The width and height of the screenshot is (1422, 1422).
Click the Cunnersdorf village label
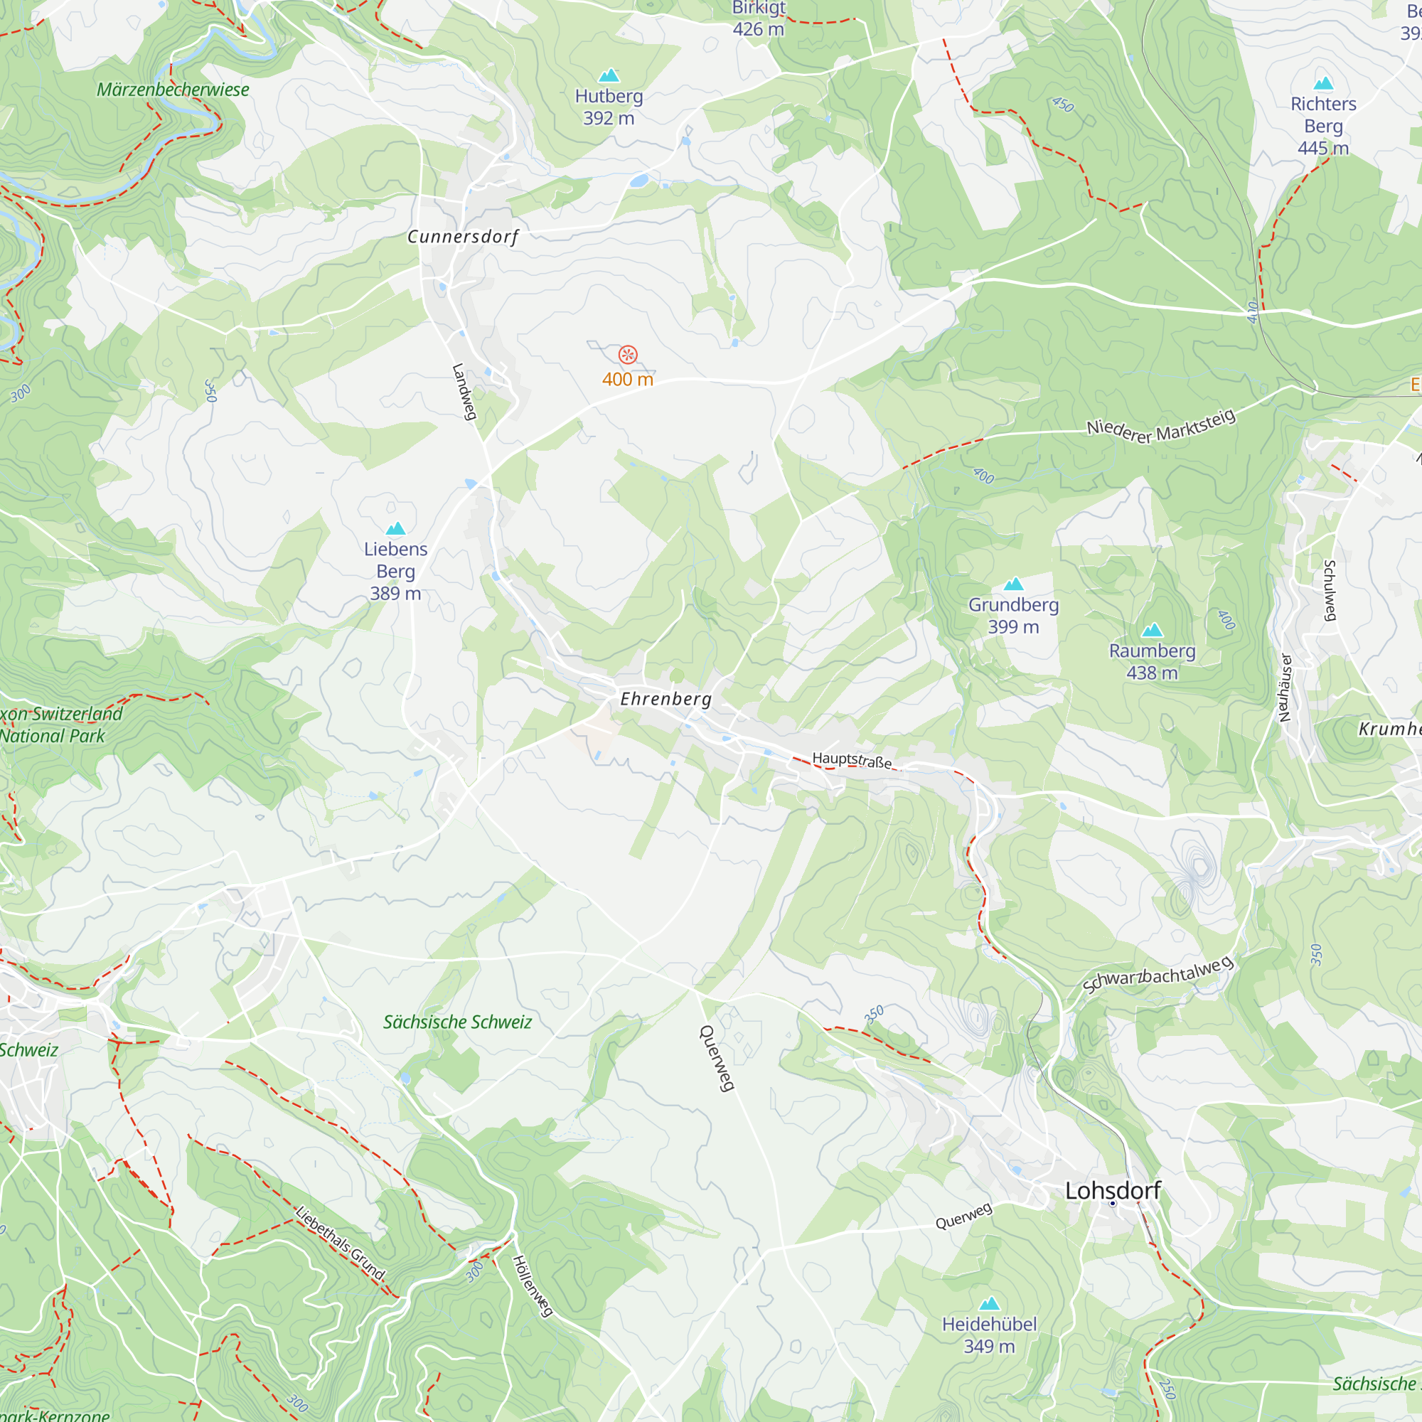(x=463, y=237)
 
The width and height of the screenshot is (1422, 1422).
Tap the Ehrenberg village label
(x=665, y=698)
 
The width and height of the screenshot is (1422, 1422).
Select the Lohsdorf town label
(x=1112, y=1190)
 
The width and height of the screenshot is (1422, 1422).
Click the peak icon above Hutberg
(x=609, y=76)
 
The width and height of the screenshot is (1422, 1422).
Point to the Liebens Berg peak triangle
(x=396, y=528)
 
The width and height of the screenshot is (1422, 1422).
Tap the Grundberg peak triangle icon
(x=1013, y=584)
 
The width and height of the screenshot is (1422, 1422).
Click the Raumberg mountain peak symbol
(x=1152, y=630)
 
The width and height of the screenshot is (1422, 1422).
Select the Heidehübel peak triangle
(x=989, y=1303)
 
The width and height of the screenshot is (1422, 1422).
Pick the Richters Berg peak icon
(x=1323, y=83)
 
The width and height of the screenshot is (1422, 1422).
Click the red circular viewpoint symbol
(x=628, y=355)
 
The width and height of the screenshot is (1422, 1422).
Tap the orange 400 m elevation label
(x=628, y=380)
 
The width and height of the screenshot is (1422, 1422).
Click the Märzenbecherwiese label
(x=173, y=90)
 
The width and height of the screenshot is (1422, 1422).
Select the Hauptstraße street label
(x=852, y=759)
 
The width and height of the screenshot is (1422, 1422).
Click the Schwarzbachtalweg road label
(x=1158, y=975)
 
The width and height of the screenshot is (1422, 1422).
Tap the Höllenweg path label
(x=532, y=1285)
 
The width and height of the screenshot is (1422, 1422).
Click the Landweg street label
(x=464, y=392)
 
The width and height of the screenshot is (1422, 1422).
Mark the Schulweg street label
(x=1330, y=590)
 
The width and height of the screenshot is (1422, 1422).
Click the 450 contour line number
(x=1063, y=105)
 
